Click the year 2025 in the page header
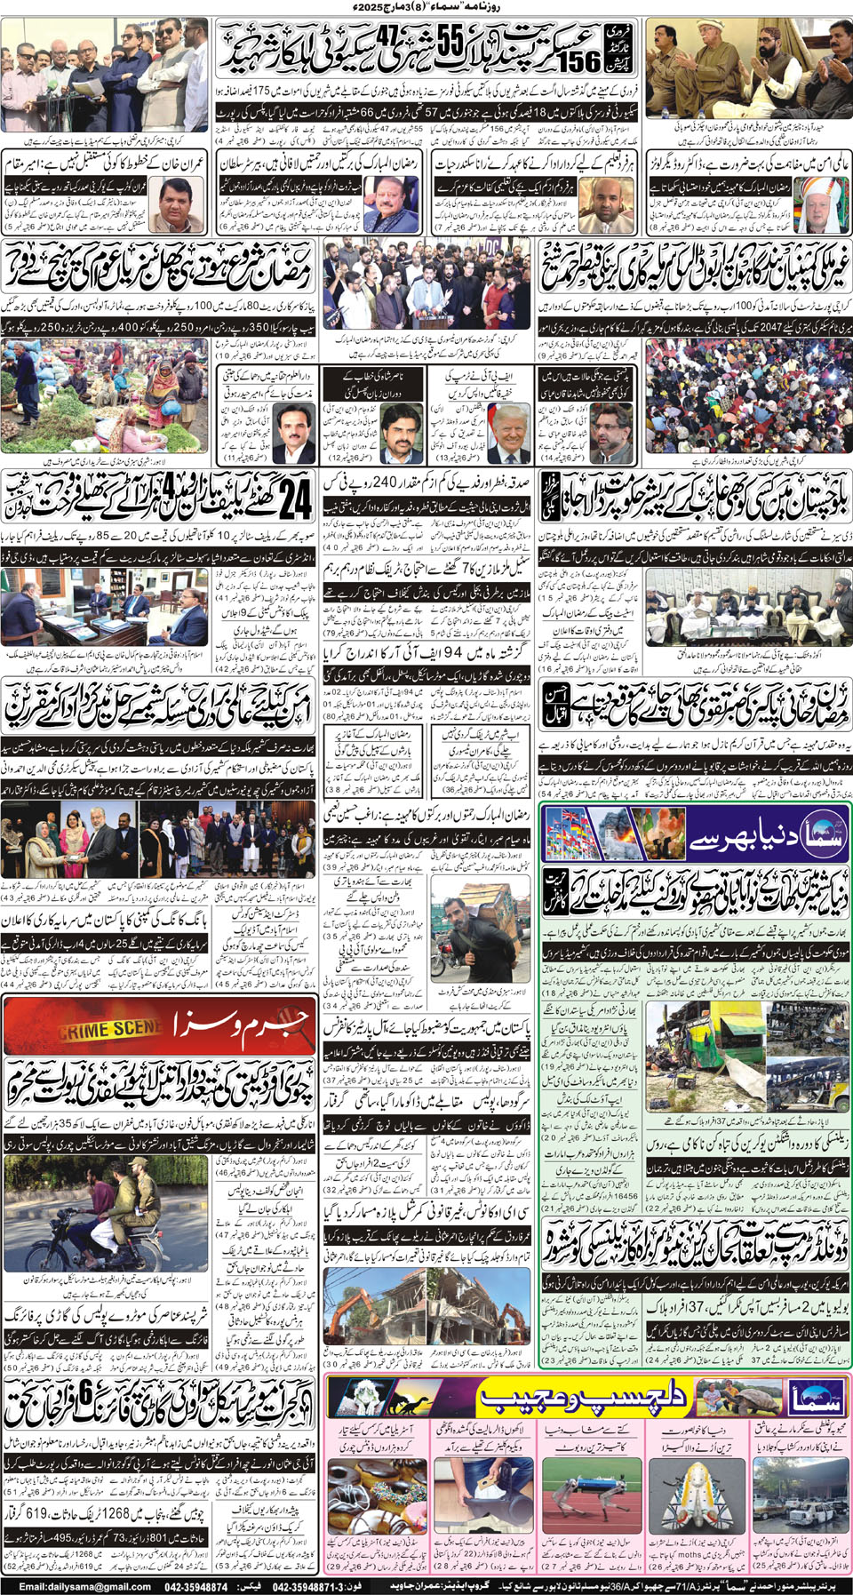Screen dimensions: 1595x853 click(375, 7)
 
